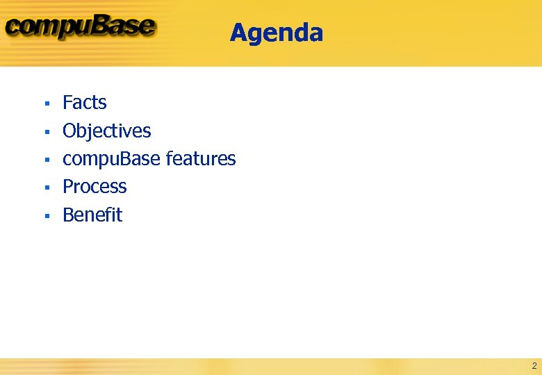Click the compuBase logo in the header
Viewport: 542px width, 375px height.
click(x=80, y=28)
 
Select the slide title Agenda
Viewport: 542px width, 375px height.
click(x=276, y=33)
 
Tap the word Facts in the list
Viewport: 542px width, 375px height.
click(x=84, y=103)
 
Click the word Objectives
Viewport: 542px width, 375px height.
click(x=106, y=131)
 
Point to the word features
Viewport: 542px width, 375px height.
click(x=201, y=159)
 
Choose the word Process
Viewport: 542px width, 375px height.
click(x=95, y=187)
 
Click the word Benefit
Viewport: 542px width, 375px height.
click(x=92, y=215)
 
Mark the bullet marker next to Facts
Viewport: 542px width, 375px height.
click(x=46, y=103)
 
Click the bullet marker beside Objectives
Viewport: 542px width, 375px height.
click(x=46, y=132)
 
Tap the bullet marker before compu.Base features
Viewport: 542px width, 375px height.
click(x=46, y=160)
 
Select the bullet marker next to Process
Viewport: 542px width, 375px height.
click(x=46, y=187)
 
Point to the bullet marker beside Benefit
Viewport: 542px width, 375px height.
click(x=46, y=216)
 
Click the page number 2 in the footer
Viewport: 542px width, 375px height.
click(x=534, y=365)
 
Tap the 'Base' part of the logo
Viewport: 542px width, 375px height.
click(x=125, y=26)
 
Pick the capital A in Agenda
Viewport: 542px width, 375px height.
click(x=238, y=33)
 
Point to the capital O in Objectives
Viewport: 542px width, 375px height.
click(x=69, y=131)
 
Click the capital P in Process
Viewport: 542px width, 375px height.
click(x=68, y=187)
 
